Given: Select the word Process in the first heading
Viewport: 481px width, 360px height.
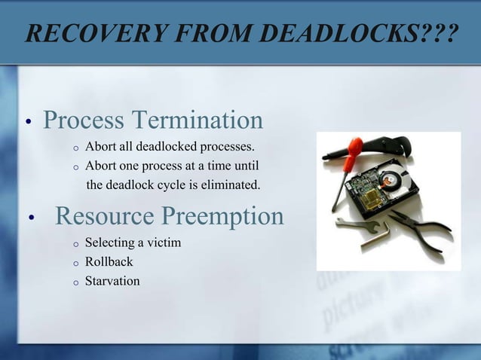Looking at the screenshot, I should pyautogui.click(x=84, y=120).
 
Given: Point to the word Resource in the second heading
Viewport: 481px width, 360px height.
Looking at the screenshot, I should pyautogui.click(x=105, y=216).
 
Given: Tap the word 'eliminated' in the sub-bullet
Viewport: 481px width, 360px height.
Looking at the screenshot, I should pyautogui.click(x=231, y=185).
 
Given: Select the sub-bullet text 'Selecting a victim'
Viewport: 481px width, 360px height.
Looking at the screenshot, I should pyautogui.click(x=133, y=243).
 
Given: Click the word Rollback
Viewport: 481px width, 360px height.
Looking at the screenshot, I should pyautogui.click(x=109, y=262).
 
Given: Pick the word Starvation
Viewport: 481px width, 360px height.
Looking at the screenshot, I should pyautogui.click(x=112, y=282).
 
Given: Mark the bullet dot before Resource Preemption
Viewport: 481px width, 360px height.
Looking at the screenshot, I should pyautogui.click(x=32, y=219).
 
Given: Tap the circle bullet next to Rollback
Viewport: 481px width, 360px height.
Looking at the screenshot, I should pyautogui.click(x=75, y=263).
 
